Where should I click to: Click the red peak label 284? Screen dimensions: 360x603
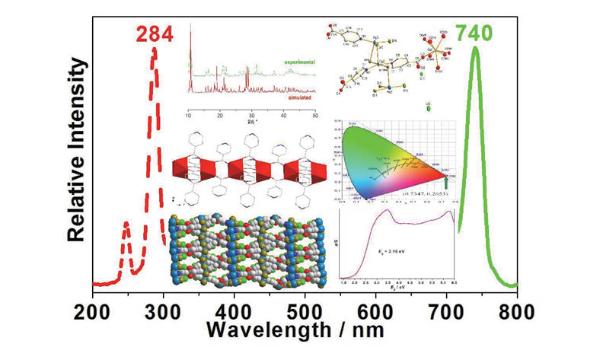155,33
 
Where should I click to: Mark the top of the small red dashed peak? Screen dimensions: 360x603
126,225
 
